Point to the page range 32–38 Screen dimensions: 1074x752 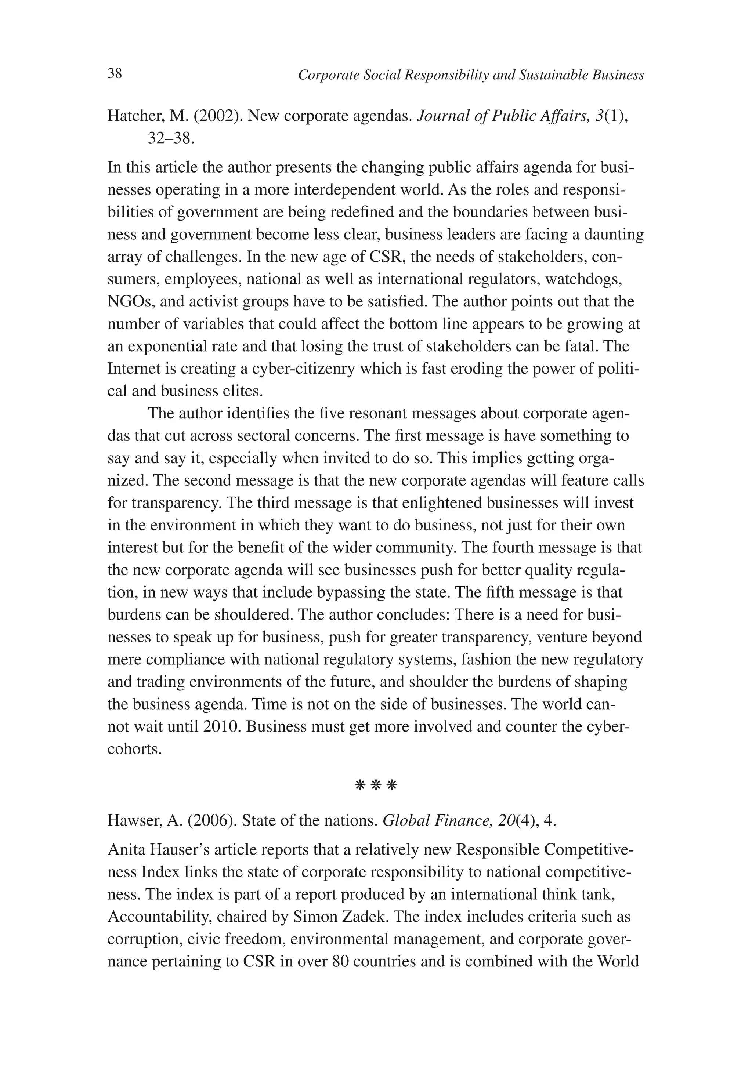[170, 139]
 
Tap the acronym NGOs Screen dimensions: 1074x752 [131, 302]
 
